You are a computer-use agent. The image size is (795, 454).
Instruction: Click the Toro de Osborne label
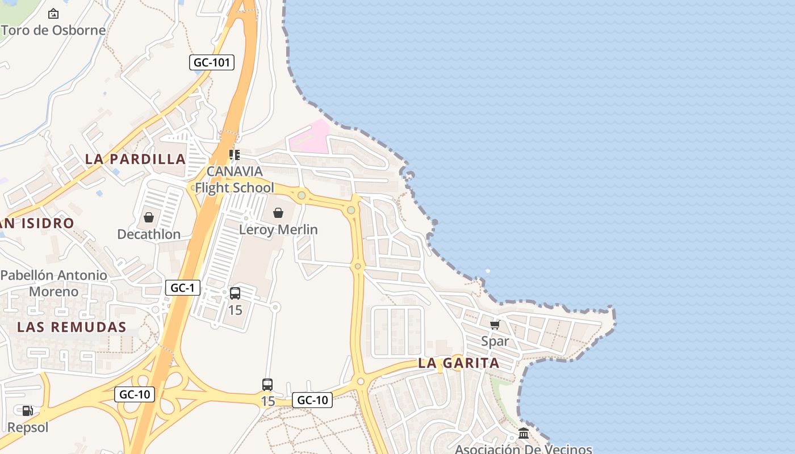click(x=54, y=30)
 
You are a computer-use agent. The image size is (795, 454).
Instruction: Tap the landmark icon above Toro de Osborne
click(x=53, y=13)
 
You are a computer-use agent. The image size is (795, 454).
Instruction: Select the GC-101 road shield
click(x=212, y=62)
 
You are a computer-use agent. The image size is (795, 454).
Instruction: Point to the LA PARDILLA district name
click(x=136, y=159)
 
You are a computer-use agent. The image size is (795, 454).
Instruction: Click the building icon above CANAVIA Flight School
click(x=235, y=154)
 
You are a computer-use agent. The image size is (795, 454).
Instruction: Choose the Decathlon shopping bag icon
click(x=149, y=217)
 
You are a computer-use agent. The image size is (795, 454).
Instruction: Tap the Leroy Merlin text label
click(x=278, y=230)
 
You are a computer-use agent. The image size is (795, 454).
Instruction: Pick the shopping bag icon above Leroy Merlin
click(x=278, y=213)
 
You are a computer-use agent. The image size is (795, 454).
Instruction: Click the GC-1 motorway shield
click(x=183, y=288)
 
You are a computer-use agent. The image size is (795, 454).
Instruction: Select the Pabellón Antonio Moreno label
click(x=54, y=283)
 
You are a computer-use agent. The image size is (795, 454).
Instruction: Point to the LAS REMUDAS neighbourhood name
click(x=72, y=327)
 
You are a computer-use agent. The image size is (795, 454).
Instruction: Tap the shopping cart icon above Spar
click(x=495, y=325)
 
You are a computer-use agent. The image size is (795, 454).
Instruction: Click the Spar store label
click(x=495, y=341)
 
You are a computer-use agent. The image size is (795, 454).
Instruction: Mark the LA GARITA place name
click(x=459, y=363)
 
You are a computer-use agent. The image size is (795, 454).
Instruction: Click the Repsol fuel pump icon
click(x=27, y=411)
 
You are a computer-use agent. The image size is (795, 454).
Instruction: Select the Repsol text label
click(x=28, y=427)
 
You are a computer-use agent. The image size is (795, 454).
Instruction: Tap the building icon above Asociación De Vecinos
click(x=524, y=434)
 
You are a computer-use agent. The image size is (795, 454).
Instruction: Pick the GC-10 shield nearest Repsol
click(x=135, y=394)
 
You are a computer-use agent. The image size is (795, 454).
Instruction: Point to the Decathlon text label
click(x=149, y=234)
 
